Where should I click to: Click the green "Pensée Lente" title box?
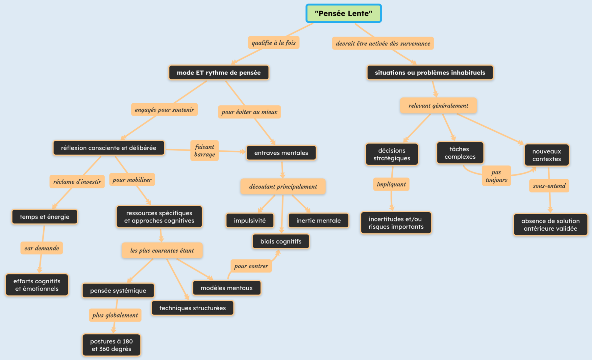tap(343, 13)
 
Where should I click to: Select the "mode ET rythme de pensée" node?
tap(219, 73)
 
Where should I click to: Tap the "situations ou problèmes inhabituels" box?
tap(430, 73)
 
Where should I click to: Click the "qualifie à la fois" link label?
tap(273, 43)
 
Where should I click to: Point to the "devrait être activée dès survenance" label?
tap(382, 43)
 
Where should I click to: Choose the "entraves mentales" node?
tap(281, 153)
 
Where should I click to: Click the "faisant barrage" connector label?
tap(205, 150)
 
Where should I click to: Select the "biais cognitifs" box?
tap(281, 242)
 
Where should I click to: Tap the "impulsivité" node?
tap(250, 220)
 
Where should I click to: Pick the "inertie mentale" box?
tap(318, 220)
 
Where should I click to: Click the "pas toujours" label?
tap(496, 176)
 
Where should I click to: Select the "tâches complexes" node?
tap(460, 153)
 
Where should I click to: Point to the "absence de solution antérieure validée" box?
tap(550, 225)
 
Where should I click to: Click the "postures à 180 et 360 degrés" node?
tap(111, 345)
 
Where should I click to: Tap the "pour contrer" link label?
tap(251, 266)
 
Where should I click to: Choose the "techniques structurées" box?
tap(192, 308)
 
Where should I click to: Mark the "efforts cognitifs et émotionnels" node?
tap(37, 285)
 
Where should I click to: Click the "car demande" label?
tap(41, 248)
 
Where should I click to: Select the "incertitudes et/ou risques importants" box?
tap(396, 223)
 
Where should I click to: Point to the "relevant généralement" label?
tap(438, 106)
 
